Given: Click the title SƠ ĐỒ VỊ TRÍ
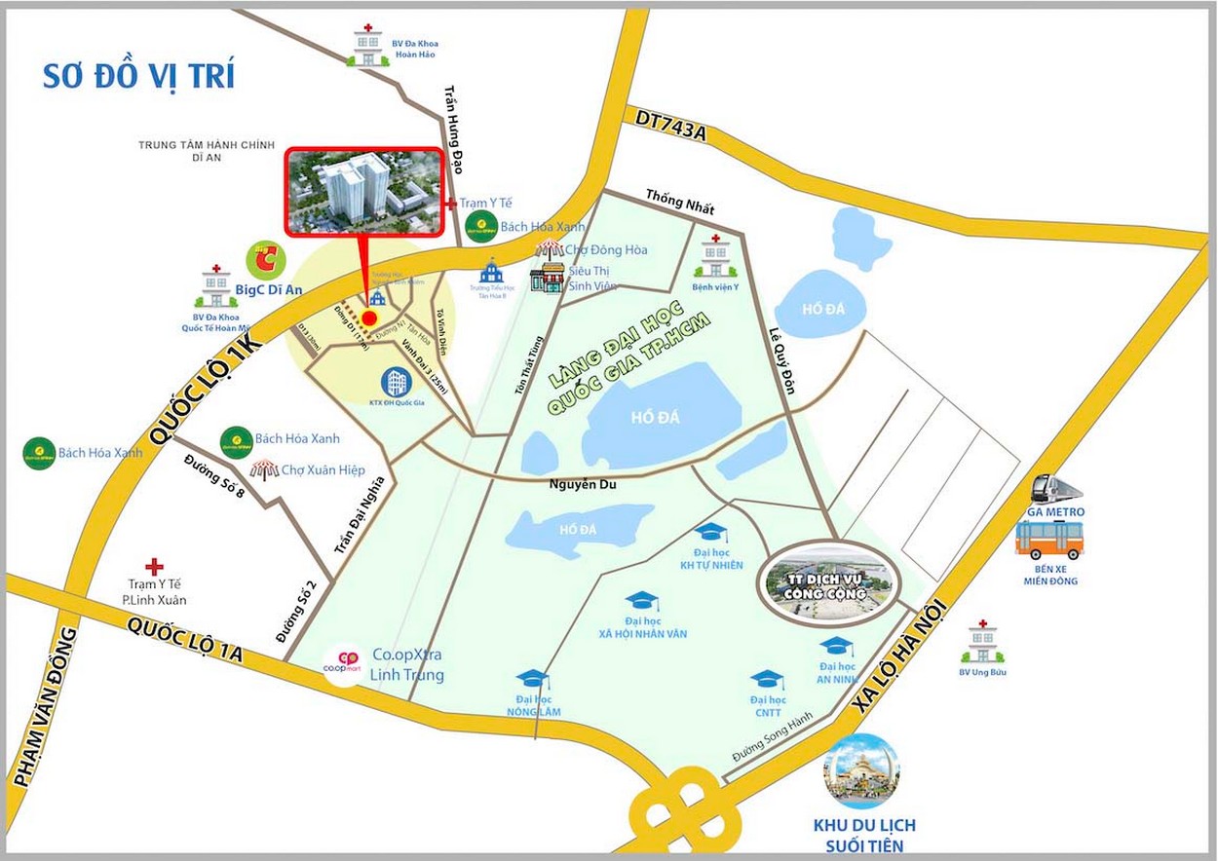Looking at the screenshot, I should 138,76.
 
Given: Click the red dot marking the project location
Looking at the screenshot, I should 369,318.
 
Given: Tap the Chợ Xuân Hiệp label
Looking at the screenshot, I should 323,470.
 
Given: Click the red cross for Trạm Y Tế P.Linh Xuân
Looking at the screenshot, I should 154,566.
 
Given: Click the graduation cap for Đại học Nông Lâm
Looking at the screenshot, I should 532,678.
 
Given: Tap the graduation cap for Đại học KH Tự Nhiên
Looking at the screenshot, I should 710,532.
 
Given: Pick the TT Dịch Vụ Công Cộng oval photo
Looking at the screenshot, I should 829,582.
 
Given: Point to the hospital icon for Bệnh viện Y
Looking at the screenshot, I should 716,258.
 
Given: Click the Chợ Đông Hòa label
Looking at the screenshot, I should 606,250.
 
